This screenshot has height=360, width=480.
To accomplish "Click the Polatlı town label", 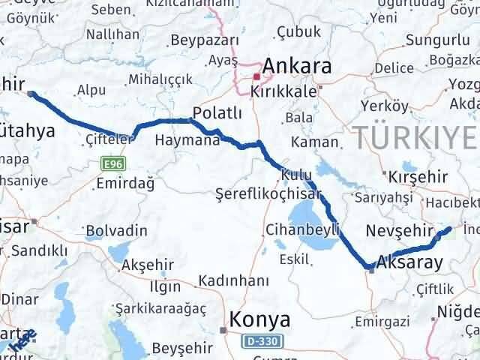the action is pyautogui.click(x=217, y=112).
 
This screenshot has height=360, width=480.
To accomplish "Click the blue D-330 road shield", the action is pyautogui.click(x=261, y=341).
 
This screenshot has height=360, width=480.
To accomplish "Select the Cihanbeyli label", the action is pyautogui.click(x=295, y=229).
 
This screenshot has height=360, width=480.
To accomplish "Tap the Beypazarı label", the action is pyautogui.click(x=204, y=40).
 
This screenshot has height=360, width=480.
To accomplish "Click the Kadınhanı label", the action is pyautogui.click(x=233, y=280).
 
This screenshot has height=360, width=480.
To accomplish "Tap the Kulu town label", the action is pyautogui.click(x=296, y=175).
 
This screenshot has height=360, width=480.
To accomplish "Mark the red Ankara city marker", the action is pyautogui.click(x=256, y=76).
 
